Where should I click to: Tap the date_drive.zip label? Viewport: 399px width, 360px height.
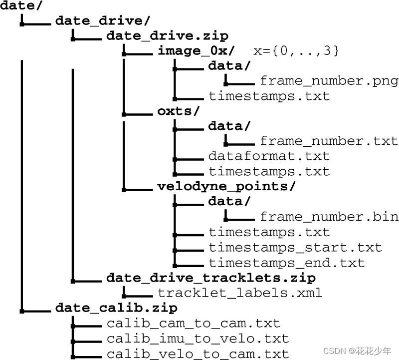167,35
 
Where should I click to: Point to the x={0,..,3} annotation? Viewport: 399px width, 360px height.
296,50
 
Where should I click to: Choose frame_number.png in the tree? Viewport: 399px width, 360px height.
329,81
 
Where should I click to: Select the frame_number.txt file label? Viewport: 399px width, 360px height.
329,141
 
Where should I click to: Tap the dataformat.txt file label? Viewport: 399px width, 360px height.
269,156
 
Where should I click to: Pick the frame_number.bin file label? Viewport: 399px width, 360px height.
329,217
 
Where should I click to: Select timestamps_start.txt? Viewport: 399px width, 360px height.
295,247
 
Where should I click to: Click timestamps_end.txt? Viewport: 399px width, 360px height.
287,263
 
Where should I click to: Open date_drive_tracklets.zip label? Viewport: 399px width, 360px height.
211,278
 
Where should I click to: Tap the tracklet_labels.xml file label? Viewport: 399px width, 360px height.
240,293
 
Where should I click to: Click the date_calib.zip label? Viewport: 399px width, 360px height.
116,308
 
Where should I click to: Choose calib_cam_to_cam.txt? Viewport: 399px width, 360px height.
194,324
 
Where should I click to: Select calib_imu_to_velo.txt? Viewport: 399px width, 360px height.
198,339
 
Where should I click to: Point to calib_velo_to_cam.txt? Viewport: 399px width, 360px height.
198,354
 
